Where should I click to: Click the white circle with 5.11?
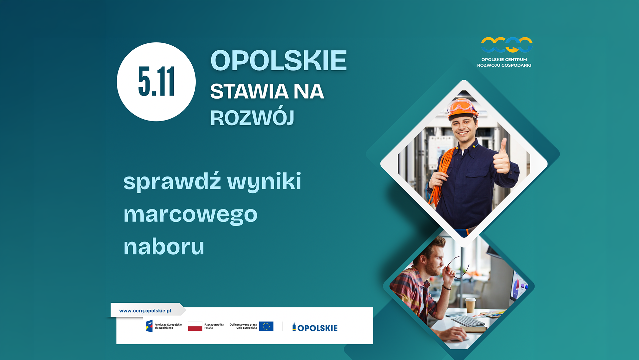156,82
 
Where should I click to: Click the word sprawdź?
172,182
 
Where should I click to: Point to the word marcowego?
190,215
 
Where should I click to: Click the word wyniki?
264,182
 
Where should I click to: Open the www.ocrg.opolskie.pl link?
145,311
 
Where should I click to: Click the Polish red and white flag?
195,326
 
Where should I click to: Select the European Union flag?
266,326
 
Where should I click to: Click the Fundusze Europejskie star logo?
149,326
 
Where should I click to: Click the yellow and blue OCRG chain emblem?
507,45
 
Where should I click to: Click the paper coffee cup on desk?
470,305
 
